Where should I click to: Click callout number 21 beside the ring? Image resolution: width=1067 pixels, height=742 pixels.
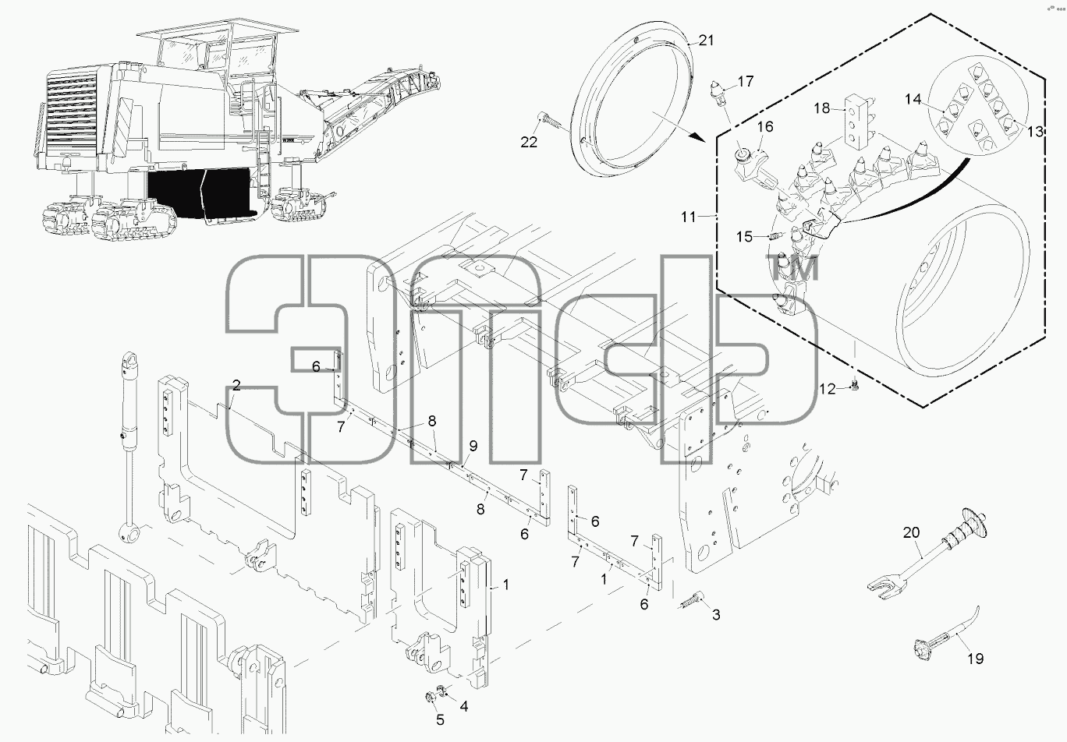tap(706, 41)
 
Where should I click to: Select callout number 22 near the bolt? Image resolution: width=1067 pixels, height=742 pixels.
tap(529, 142)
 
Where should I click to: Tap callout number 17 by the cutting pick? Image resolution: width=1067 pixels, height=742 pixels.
tap(746, 82)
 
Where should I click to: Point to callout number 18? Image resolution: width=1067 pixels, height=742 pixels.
tap(821, 108)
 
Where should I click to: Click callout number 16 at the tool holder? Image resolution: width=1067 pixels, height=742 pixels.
tap(765, 126)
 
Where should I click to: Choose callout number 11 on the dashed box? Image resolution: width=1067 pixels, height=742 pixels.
tap(689, 217)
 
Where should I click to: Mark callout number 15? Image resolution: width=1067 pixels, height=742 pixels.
tap(745, 236)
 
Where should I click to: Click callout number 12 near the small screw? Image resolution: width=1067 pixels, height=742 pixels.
tap(828, 390)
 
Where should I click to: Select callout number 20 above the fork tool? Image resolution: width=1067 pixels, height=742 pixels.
tap(911, 532)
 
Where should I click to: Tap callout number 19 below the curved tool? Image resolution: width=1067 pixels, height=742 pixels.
tap(975, 659)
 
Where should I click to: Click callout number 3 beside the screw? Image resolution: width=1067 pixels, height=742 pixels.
tap(716, 615)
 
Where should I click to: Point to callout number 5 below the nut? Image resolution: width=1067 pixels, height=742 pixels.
tap(440, 720)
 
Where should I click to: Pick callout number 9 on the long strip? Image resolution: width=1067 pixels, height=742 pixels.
tap(473, 446)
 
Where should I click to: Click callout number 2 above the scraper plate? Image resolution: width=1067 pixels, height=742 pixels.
tap(237, 385)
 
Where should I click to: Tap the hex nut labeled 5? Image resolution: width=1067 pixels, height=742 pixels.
tap(430, 698)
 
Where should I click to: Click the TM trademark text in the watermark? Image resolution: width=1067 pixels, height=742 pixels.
tap(792, 267)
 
